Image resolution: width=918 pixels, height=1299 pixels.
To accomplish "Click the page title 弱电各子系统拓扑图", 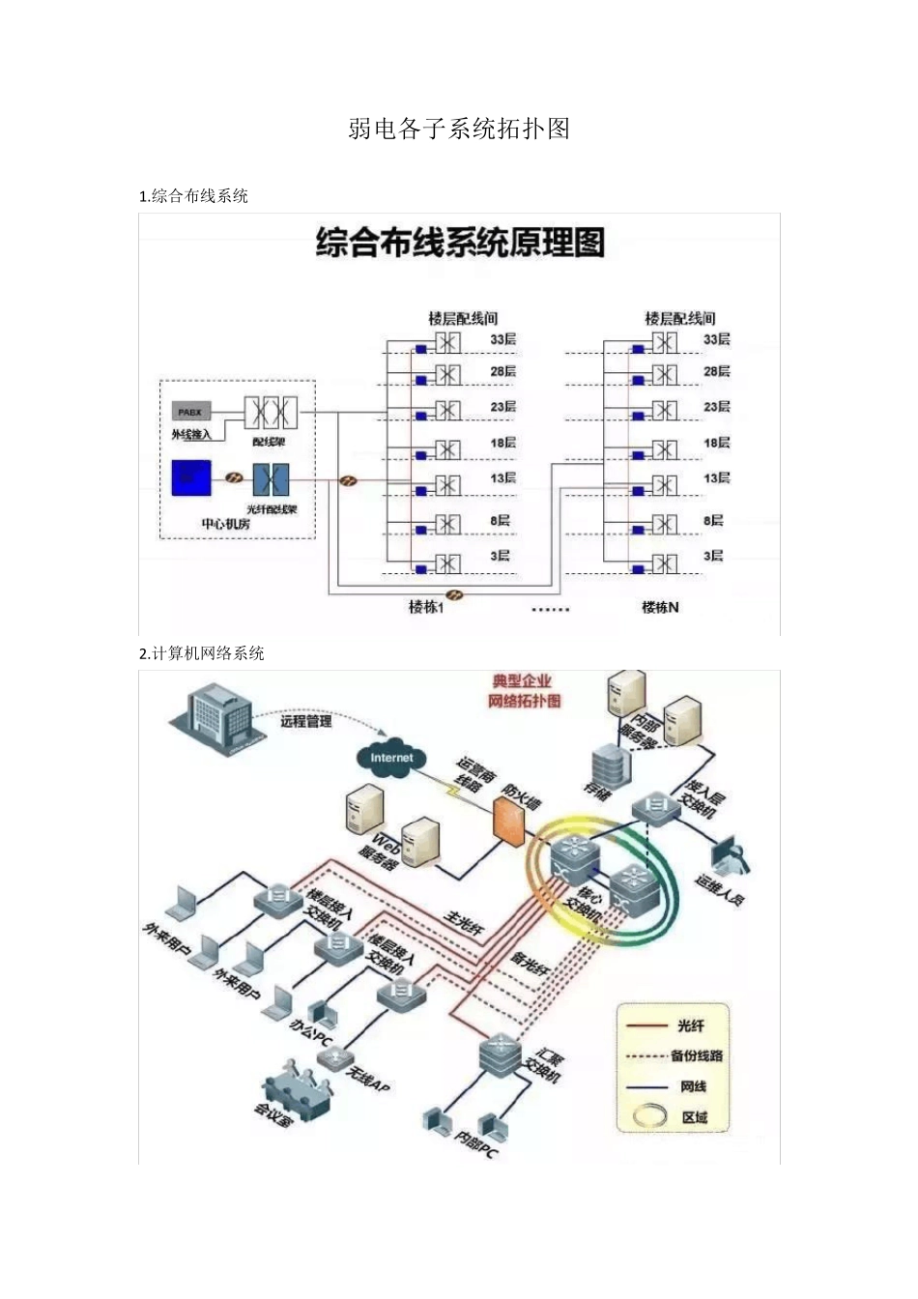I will (459, 129).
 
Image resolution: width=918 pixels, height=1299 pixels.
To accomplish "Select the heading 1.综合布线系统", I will (194, 196).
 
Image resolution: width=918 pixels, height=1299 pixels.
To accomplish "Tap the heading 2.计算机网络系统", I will (202, 653).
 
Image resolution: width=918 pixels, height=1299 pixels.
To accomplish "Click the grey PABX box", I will (190, 412).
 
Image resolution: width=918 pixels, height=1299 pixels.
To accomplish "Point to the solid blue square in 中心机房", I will (191, 477).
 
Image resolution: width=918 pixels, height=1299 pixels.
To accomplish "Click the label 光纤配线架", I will (272, 509).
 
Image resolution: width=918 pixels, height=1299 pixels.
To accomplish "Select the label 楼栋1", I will (425, 607).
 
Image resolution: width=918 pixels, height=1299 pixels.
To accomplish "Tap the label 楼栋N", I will (660, 607).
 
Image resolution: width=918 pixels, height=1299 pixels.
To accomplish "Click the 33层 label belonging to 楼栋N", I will (716, 339).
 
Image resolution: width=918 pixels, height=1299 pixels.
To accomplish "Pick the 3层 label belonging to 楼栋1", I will (499, 556).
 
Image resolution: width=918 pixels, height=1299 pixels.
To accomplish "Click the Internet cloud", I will (391, 758).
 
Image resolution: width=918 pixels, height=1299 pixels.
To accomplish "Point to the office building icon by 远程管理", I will (216, 716).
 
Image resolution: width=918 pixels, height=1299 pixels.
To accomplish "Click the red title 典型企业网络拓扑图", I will (526, 691).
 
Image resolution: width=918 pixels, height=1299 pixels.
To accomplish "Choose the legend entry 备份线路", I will (697, 1055).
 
